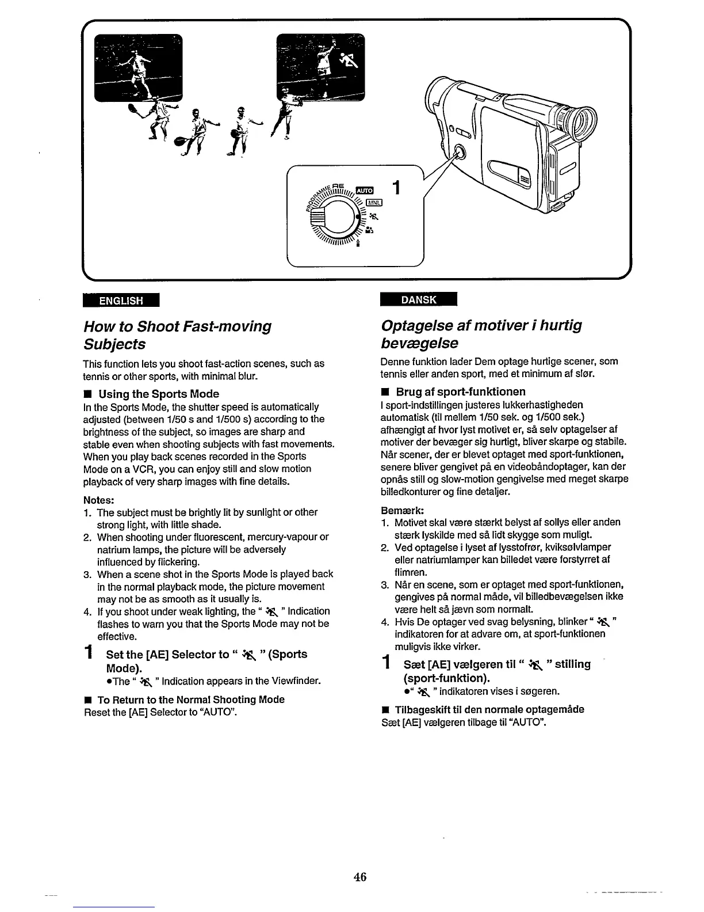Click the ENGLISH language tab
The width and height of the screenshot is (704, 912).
121,301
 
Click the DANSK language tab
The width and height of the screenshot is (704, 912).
419,299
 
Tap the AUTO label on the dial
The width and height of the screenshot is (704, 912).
365,191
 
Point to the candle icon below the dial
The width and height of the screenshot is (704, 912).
359,244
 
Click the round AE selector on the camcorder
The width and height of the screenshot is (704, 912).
459,154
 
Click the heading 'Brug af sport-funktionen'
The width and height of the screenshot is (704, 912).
461,392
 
